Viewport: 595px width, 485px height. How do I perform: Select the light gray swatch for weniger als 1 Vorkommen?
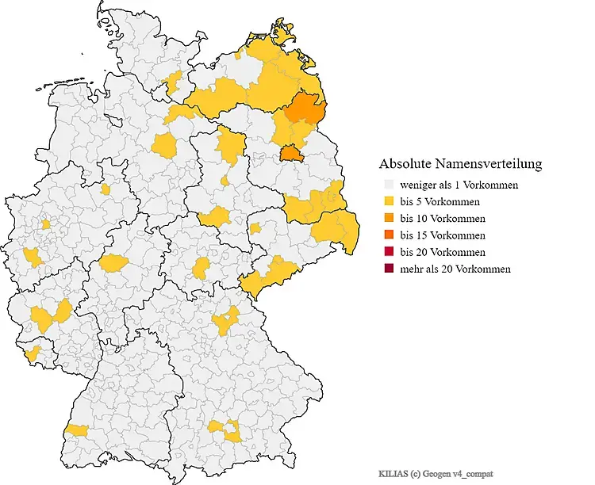pyautogui.click(x=389, y=185)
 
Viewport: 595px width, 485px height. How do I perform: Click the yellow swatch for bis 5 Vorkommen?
pyautogui.click(x=389, y=201)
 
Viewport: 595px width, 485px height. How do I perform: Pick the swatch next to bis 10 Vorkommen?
pyautogui.click(x=389, y=218)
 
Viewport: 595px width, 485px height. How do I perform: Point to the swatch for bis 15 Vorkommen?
pyautogui.click(x=389, y=235)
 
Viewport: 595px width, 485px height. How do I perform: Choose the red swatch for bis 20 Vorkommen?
pyautogui.click(x=389, y=252)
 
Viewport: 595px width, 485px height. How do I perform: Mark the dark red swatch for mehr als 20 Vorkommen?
pyautogui.click(x=389, y=269)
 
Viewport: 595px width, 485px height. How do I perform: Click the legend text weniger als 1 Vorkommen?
pyautogui.click(x=459, y=185)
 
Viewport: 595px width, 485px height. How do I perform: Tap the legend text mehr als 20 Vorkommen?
pyautogui.click(x=455, y=269)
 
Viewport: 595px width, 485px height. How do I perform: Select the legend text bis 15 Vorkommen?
pyautogui.click(x=443, y=235)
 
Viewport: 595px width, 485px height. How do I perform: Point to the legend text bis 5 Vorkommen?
pyautogui.click(x=440, y=201)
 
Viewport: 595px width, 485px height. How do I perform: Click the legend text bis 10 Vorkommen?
pyautogui.click(x=443, y=218)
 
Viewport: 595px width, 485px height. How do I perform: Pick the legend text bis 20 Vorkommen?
pyautogui.click(x=443, y=252)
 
